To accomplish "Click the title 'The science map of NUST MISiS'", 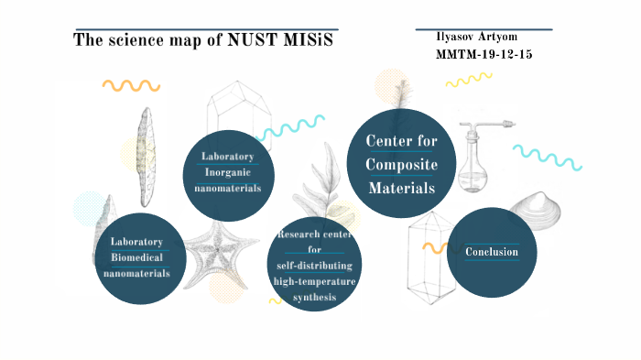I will pyautogui.click(x=203, y=42).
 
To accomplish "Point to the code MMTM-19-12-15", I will pyautogui.click(x=483, y=55).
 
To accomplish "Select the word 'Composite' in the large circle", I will pyautogui.click(x=401, y=164).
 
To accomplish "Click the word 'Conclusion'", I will pyautogui.click(x=492, y=252).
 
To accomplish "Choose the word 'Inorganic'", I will pyautogui.click(x=227, y=171).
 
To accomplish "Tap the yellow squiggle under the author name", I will pyautogui.click(x=464, y=81).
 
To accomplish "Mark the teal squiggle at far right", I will pyautogui.click(x=547, y=157).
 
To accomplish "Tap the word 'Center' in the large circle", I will pyautogui.click(x=401, y=141).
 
